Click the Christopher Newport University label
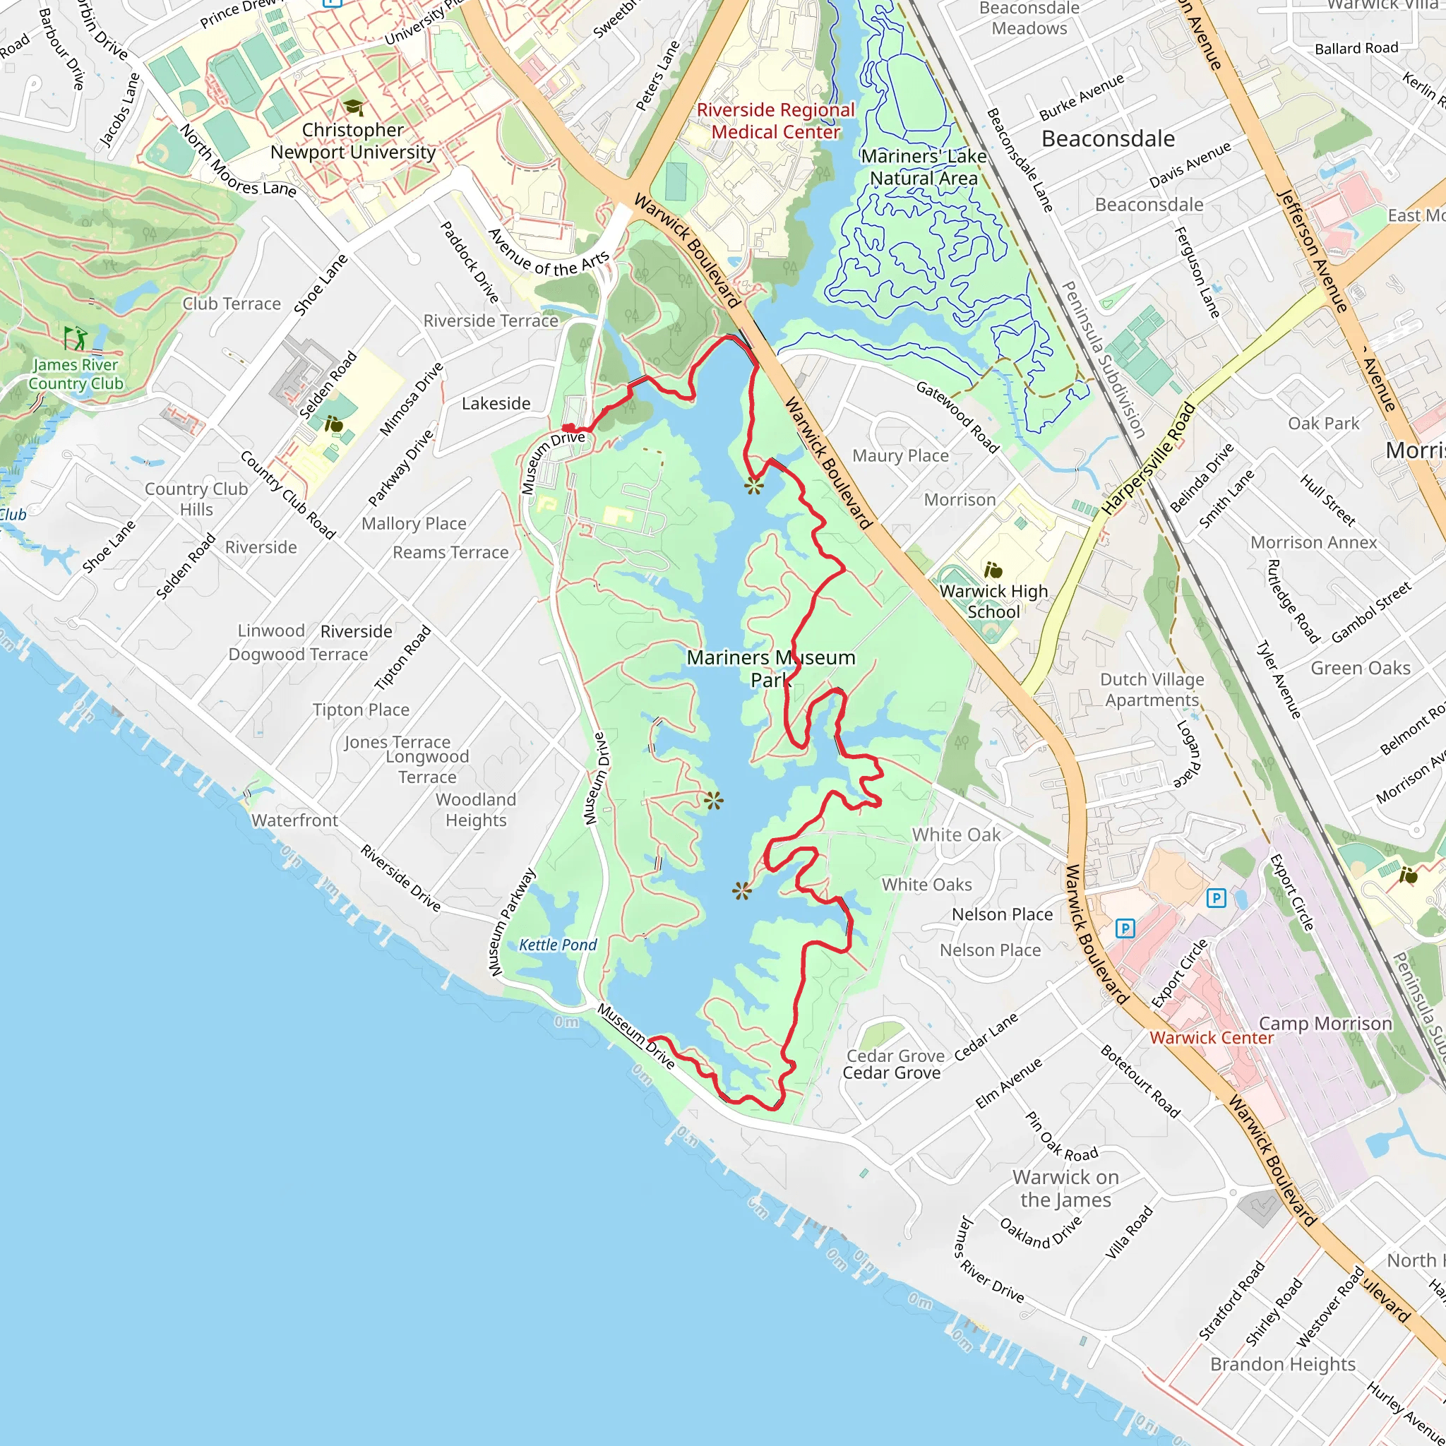(352, 141)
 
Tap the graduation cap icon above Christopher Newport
(352, 108)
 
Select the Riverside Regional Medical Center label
(775, 121)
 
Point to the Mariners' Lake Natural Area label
(924, 167)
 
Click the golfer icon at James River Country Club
(75, 337)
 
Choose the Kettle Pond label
(558, 945)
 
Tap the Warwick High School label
(993, 601)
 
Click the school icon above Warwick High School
(993, 570)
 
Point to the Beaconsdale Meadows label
(1029, 19)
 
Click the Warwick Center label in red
(1211, 1038)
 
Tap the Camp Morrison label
(1325, 1023)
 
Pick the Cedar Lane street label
(986, 1036)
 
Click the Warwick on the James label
(1065, 1188)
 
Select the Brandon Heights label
(1282, 1363)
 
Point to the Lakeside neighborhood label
(496, 403)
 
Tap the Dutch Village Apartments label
(1152, 689)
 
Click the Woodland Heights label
(476, 810)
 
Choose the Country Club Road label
(287, 495)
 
